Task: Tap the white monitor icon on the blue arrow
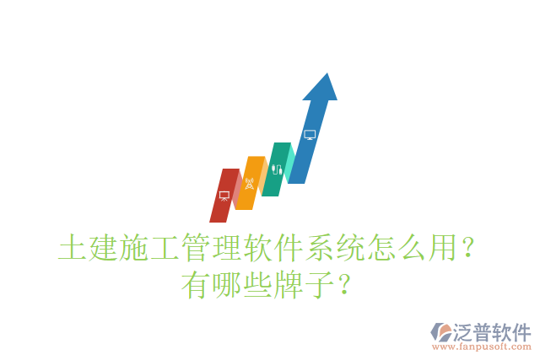click(x=310, y=134)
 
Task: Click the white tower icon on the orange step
click(x=249, y=183)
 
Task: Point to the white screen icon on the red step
click(x=224, y=196)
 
